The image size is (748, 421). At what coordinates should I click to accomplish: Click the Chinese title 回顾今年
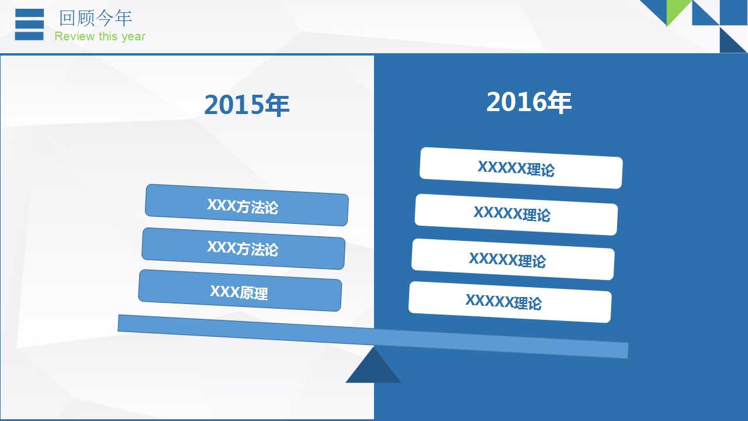click(95, 18)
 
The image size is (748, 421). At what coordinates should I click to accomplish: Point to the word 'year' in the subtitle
click(133, 37)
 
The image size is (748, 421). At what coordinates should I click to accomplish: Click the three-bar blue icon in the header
click(29, 25)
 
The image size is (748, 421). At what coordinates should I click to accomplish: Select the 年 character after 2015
click(278, 105)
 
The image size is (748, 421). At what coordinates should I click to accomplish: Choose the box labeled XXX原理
click(240, 291)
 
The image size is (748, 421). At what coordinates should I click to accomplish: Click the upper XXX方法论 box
click(247, 205)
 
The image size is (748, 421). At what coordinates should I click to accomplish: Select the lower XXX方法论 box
click(243, 249)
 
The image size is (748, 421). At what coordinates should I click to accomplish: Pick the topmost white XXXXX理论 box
click(521, 168)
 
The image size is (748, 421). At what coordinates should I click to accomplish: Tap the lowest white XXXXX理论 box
click(510, 302)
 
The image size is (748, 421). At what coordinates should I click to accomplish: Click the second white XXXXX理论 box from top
click(516, 214)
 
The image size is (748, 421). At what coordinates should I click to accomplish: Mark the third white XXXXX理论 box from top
click(512, 259)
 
